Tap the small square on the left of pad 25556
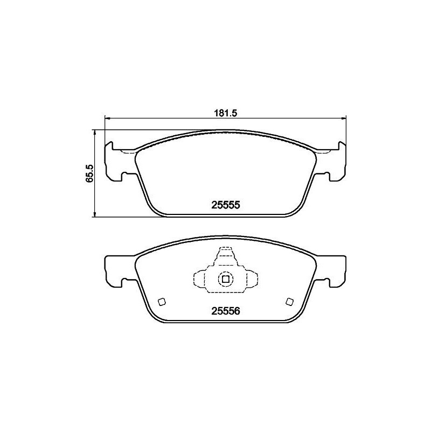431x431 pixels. pos(161,301)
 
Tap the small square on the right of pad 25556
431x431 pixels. pos(289,301)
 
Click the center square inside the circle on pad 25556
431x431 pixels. pos(225,279)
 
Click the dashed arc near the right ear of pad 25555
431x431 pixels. pos(323,152)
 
